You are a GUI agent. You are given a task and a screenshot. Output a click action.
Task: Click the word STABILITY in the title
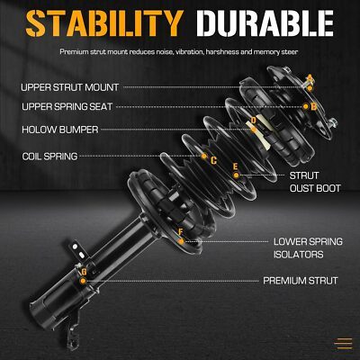point(104,23)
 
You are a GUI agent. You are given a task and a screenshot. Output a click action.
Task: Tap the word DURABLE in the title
point(265,23)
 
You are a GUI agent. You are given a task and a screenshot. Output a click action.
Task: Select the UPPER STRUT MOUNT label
point(69,87)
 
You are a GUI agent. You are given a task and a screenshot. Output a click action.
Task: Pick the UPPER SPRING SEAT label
point(67,106)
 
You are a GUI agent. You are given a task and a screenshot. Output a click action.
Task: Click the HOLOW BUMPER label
point(60,130)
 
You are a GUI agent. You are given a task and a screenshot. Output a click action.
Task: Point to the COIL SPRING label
point(49,156)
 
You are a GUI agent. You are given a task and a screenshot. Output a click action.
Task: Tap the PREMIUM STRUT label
point(301,281)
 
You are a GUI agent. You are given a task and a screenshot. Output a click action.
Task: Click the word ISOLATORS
point(298,255)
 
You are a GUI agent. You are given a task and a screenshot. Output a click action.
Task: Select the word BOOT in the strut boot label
point(328,188)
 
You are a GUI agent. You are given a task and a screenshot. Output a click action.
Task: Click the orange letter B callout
point(314,106)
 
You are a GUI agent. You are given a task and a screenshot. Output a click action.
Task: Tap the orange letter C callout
point(213,161)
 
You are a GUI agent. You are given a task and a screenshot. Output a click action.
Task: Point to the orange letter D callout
point(254,121)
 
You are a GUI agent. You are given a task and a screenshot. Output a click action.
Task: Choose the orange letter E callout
point(236,166)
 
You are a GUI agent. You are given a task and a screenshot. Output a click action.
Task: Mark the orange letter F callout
point(180,232)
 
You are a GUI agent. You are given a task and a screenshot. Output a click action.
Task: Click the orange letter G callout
point(84,272)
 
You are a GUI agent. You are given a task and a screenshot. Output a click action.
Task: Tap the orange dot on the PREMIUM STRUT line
point(83,281)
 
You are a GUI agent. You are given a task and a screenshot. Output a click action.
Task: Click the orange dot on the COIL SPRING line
point(204,156)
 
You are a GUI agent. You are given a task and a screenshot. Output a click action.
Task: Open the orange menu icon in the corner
point(344,343)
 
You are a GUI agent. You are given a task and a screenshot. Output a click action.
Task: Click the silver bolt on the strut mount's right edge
point(332,123)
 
